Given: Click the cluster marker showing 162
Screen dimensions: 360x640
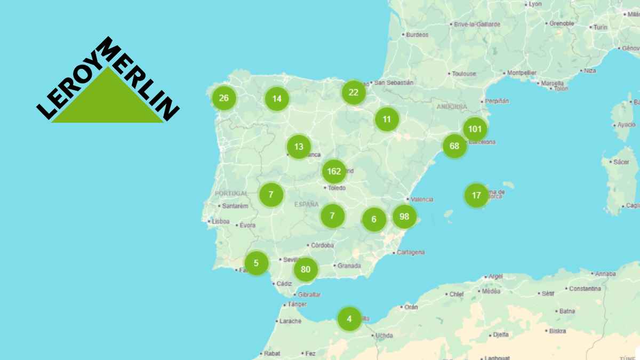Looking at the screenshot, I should click(x=334, y=172).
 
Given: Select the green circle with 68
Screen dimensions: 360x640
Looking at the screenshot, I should click(x=454, y=146).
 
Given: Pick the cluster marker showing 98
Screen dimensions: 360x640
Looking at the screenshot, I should click(x=404, y=217).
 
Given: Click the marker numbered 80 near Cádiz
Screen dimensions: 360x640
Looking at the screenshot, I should click(x=306, y=269).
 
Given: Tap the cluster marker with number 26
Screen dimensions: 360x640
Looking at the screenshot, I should click(x=223, y=98).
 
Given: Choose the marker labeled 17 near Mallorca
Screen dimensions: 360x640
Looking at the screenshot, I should click(x=476, y=195).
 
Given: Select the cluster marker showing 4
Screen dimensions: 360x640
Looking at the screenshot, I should click(x=349, y=319).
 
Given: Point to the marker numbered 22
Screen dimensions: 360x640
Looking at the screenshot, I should click(x=354, y=92).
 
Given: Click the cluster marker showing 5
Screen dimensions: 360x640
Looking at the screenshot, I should click(x=257, y=262).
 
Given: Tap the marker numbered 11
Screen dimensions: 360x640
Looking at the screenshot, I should click(x=387, y=119).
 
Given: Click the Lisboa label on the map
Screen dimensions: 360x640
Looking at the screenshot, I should click(x=220, y=221).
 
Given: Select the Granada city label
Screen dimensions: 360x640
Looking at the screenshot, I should click(x=349, y=266).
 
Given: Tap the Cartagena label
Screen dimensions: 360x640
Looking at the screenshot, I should click(x=410, y=252).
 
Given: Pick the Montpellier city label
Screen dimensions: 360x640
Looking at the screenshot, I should click(x=521, y=73).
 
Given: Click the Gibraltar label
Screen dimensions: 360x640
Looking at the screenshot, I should click(x=309, y=294).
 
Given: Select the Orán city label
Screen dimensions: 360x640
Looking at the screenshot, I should click(x=411, y=307).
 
